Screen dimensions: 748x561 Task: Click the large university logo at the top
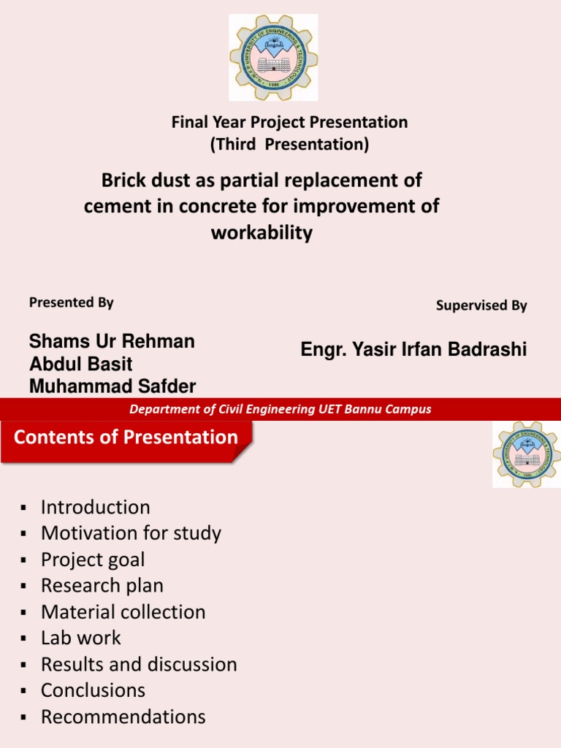pos(273,58)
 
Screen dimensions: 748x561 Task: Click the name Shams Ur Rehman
pos(112,342)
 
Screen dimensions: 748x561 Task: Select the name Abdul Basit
pos(81,364)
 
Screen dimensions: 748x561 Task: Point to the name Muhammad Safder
pos(112,386)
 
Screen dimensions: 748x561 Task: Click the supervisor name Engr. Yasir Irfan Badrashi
pos(413,350)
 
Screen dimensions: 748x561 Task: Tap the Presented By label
pos(72,302)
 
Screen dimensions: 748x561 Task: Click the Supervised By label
pos(481,306)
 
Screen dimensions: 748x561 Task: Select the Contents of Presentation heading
pos(126,438)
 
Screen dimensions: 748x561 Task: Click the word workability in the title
pos(262,233)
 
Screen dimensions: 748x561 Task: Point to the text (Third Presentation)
pos(289,145)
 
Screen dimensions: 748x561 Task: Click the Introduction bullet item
pos(95,507)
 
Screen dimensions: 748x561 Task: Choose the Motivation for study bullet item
pos(131,533)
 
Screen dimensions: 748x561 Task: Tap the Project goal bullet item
pos(93,560)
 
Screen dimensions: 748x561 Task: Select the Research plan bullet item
pos(102,586)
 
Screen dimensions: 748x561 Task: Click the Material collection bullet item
pos(123,612)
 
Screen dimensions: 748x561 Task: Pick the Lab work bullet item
pos(81,638)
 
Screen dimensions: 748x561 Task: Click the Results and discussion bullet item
pos(139,665)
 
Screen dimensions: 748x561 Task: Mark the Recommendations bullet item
pos(123,717)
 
